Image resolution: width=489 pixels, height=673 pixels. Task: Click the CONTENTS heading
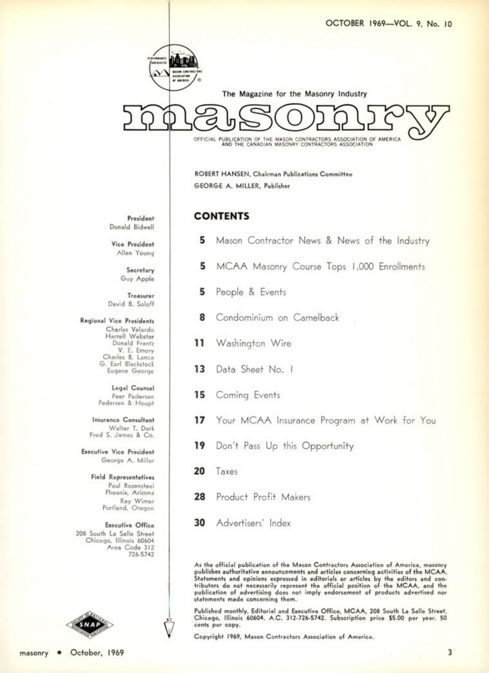pyautogui.click(x=221, y=216)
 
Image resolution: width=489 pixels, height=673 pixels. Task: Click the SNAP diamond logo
pyautogui.click(x=90, y=624)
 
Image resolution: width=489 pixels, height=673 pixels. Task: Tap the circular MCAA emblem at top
pyautogui.click(x=174, y=68)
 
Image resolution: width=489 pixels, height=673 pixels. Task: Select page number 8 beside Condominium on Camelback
pyautogui.click(x=202, y=317)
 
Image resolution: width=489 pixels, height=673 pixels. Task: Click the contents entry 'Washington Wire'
pyautogui.click(x=253, y=343)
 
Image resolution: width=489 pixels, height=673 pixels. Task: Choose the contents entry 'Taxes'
pyautogui.click(x=226, y=471)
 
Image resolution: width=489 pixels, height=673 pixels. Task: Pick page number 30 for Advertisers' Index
pyautogui.click(x=199, y=523)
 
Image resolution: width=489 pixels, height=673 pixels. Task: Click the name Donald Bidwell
pyautogui.click(x=132, y=227)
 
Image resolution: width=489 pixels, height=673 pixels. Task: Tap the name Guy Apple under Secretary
pyautogui.click(x=137, y=279)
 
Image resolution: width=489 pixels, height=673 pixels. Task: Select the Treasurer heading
pyautogui.click(x=141, y=295)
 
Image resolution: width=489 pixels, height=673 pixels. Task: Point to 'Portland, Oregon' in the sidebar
pyautogui.click(x=128, y=508)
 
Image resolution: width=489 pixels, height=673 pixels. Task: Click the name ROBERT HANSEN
pyautogui.click(x=222, y=174)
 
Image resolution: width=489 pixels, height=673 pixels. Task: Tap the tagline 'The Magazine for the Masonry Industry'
pyautogui.click(x=294, y=94)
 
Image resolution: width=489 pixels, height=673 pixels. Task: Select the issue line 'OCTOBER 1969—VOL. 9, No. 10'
pyautogui.click(x=388, y=23)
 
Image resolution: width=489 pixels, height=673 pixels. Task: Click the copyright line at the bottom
pyautogui.click(x=283, y=637)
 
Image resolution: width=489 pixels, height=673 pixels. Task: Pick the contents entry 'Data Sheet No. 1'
pyautogui.click(x=254, y=369)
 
